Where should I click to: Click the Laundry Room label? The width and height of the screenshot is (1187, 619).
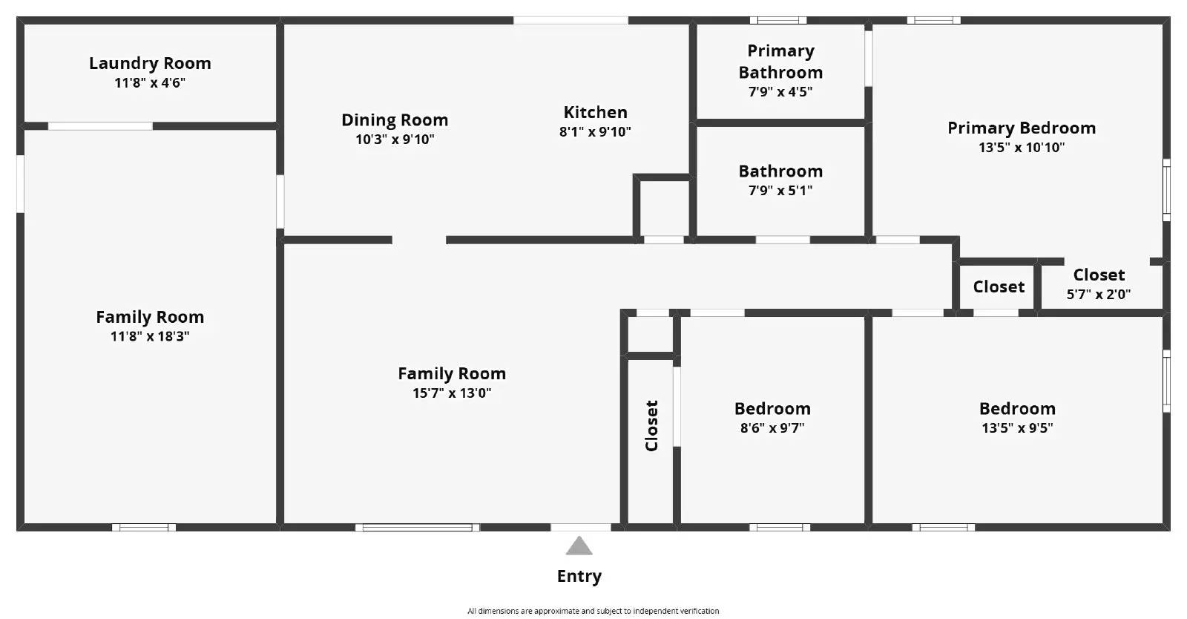(150, 63)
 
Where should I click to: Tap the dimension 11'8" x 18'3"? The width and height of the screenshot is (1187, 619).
(150, 336)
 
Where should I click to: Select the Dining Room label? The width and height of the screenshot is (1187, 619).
(395, 119)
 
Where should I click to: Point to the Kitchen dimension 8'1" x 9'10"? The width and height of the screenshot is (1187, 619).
(595, 132)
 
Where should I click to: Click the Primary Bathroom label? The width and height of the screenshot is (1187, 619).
(780, 62)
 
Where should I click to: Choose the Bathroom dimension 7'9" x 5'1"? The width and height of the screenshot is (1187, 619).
(780, 191)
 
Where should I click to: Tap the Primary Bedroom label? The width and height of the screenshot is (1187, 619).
(1022, 128)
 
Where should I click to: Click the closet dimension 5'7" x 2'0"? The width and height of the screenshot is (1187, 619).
(1099, 294)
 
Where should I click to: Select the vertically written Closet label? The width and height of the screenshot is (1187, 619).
(651, 426)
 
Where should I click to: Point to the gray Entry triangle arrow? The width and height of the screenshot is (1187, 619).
(579, 547)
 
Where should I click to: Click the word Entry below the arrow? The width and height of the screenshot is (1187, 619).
(579, 576)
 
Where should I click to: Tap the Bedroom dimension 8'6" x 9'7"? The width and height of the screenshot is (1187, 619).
(772, 428)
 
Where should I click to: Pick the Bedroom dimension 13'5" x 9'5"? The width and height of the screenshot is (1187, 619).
(1017, 428)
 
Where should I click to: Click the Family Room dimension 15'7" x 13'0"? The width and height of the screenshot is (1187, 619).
(452, 393)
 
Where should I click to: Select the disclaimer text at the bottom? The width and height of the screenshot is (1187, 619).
(593, 611)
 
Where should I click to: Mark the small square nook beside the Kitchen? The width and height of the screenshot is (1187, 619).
(663, 209)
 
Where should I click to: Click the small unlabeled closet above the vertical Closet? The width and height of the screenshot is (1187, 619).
(651, 335)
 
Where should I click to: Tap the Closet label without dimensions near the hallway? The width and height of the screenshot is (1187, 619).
(999, 286)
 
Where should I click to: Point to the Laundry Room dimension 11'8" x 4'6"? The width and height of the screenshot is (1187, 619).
(150, 82)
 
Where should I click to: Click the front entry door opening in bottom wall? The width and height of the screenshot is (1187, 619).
(581, 527)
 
